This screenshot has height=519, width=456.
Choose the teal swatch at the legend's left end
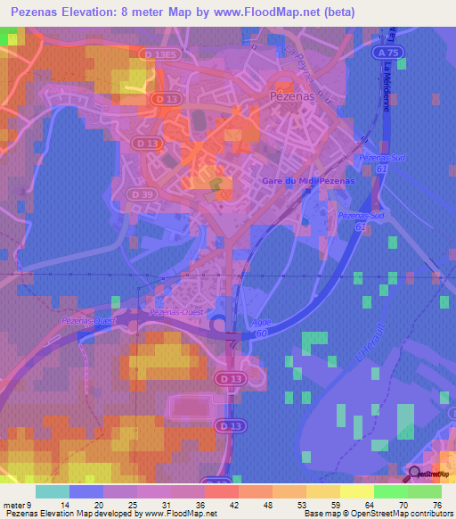click(52, 491)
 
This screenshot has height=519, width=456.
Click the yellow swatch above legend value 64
click(356, 491)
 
